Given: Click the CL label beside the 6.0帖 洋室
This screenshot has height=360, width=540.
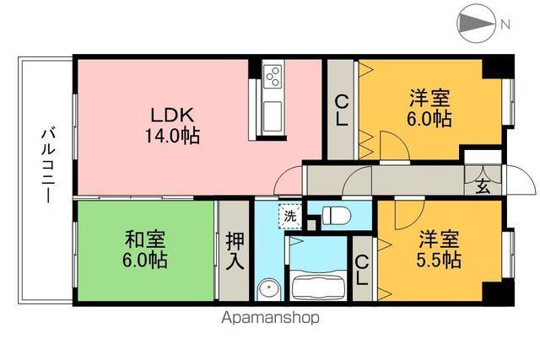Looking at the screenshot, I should [x=341, y=110].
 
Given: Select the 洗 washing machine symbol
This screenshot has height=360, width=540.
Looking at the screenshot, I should [x=289, y=216].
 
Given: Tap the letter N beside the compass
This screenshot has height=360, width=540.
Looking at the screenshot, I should [x=505, y=24].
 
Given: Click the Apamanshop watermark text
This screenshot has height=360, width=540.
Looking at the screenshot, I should [x=270, y=318].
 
